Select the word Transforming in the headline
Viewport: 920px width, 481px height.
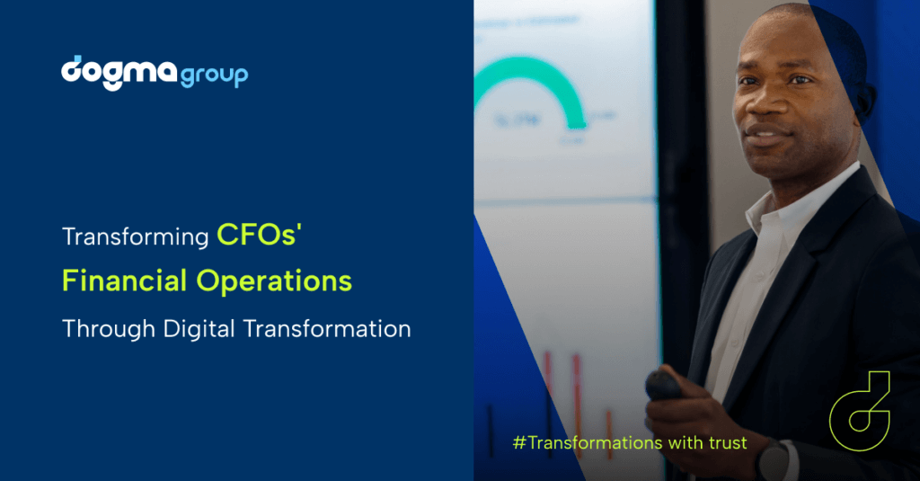[x=135, y=237]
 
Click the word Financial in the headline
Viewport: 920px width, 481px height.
[x=124, y=281]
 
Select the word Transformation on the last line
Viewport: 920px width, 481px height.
[x=327, y=328]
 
